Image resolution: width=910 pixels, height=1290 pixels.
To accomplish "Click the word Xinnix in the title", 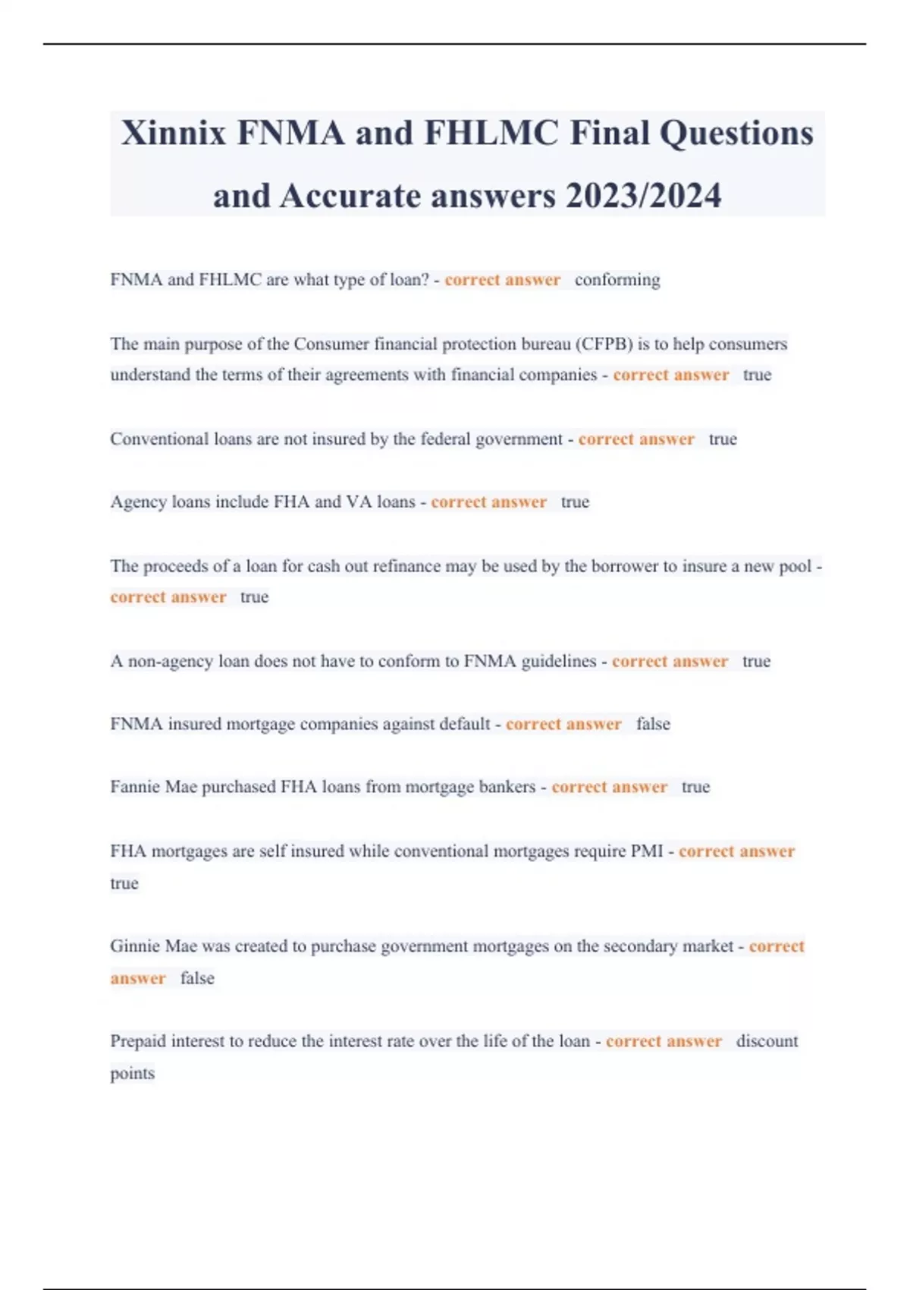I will [174, 134].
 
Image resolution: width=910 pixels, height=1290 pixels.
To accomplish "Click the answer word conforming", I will [617, 280].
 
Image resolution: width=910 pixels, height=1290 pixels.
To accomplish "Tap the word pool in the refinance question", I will [795, 566].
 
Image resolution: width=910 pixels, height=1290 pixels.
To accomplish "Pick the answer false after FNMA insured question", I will [653, 724].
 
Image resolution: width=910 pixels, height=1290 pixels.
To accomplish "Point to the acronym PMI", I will [647, 851].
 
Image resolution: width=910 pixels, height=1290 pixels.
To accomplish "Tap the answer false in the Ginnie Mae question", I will [197, 978].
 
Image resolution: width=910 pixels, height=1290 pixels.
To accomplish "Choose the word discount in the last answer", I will [767, 1041].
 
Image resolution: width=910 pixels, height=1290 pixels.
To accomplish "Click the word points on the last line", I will [133, 1074].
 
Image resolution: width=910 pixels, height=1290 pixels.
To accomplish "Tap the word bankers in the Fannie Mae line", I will [507, 787].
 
